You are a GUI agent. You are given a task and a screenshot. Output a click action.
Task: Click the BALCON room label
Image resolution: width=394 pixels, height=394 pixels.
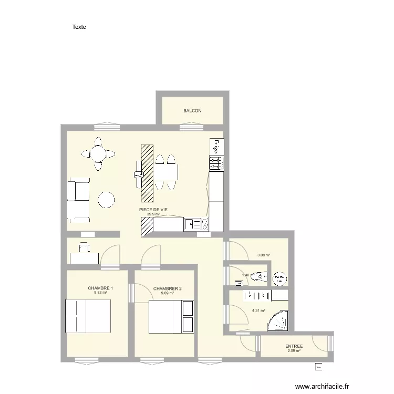192,111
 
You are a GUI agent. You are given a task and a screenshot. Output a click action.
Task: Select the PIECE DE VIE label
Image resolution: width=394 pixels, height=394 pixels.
153,210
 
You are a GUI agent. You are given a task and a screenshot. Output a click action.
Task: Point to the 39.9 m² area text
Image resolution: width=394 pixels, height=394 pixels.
153,214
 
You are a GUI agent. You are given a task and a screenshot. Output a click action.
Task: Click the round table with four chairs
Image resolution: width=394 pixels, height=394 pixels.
97,153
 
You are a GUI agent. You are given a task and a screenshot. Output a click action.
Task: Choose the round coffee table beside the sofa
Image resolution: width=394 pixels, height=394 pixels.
106,200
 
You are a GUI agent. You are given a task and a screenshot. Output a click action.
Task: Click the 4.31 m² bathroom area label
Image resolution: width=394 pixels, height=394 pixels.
257,310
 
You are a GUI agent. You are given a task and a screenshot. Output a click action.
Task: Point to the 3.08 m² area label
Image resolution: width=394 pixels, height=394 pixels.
264,256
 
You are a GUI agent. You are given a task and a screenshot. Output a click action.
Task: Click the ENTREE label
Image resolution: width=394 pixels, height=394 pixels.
294,346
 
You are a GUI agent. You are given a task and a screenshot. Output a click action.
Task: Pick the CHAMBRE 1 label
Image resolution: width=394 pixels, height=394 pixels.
100,288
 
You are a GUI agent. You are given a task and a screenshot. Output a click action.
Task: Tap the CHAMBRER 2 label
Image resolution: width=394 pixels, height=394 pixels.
168,288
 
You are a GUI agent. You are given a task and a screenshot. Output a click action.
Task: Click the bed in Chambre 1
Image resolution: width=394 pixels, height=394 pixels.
87,316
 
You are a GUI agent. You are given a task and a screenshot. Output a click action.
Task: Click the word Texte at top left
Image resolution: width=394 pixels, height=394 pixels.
79,27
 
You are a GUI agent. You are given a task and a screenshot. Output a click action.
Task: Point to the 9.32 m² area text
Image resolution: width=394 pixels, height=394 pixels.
100,293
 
